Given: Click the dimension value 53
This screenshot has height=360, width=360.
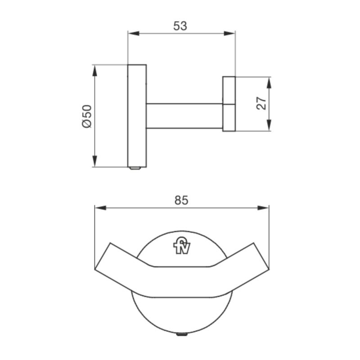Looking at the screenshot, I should [180, 26].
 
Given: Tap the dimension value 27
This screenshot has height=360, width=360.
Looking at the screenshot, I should [262, 103].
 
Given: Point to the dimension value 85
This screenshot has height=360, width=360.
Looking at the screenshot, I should [181, 200].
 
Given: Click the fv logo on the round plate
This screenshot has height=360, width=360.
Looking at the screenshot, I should [182, 246].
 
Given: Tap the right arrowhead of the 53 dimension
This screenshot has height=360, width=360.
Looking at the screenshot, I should [231, 33].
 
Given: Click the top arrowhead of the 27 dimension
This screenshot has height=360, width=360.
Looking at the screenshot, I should [269, 81].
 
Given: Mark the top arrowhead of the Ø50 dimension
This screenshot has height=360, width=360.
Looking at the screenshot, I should [95, 69].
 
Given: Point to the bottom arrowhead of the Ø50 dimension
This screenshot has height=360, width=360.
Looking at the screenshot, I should [95, 162].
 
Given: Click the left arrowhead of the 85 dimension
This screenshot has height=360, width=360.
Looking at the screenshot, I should [99, 207].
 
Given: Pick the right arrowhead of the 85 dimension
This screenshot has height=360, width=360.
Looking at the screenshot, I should [265, 207].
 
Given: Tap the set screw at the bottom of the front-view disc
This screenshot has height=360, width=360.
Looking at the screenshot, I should [182, 335].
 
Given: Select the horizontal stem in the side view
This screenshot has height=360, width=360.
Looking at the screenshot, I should [184, 116].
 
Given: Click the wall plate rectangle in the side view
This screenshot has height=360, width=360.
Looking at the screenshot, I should [137, 116].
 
